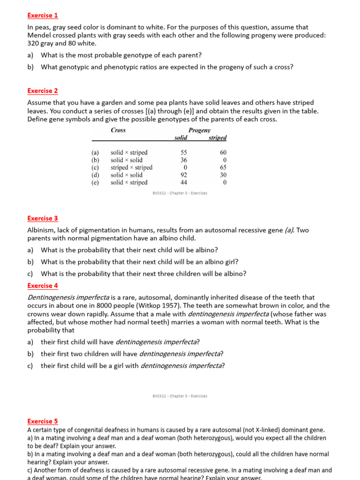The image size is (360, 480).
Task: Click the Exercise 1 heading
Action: click(x=43, y=15)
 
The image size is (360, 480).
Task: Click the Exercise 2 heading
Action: click(x=43, y=90)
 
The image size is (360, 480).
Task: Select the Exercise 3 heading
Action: click(x=43, y=218)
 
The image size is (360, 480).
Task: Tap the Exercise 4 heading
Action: click(x=43, y=285)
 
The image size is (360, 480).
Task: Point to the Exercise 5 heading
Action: click(x=43, y=421)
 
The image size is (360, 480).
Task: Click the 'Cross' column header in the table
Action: click(x=118, y=130)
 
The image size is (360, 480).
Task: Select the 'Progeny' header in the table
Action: click(x=200, y=130)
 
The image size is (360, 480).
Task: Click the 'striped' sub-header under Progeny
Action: click(x=217, y=138)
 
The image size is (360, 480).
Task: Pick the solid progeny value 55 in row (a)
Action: click(x=184, y=152)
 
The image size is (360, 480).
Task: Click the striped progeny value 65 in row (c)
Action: click(x=223, y=167)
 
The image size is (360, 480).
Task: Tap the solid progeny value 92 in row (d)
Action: click(x=184, y=175)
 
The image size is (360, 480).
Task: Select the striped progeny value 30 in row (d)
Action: click(x=223, y=175)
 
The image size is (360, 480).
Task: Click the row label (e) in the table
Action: click(x=95, y=182)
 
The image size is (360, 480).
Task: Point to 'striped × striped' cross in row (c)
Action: click(x=131, y=167)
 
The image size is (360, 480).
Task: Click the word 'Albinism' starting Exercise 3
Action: click(x=41, y=230)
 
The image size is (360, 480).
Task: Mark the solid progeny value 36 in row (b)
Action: click(x=184, y=160)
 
